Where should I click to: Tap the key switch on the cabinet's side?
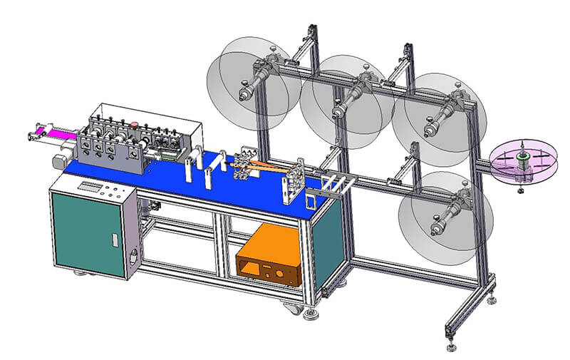[133, 254]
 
